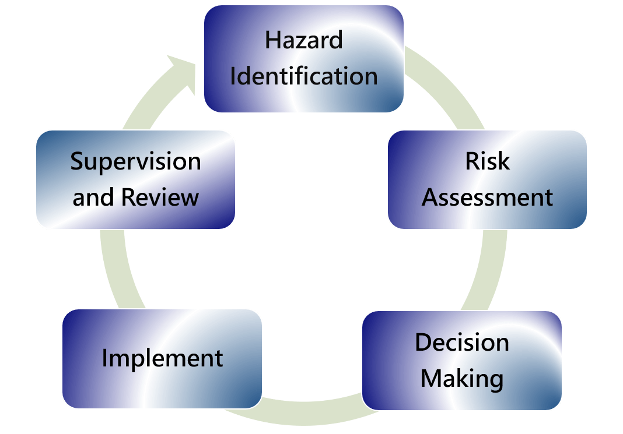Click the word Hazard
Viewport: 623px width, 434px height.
[303, 40]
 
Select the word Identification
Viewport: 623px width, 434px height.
[304, 76]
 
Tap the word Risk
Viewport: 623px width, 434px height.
[488, 161]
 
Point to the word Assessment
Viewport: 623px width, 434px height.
[488, 197]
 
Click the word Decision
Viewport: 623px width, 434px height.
[462, 342]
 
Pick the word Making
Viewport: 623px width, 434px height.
[462, 379]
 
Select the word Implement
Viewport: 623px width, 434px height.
[163, 359]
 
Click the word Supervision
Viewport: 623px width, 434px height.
[135, 162]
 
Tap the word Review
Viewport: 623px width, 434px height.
[160, 197]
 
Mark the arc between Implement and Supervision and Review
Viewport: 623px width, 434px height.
[119, 270]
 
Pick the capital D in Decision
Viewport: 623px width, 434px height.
[423, 342]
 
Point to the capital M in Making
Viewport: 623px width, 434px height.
[431, 379]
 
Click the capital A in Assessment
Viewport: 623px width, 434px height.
[431, 197]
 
